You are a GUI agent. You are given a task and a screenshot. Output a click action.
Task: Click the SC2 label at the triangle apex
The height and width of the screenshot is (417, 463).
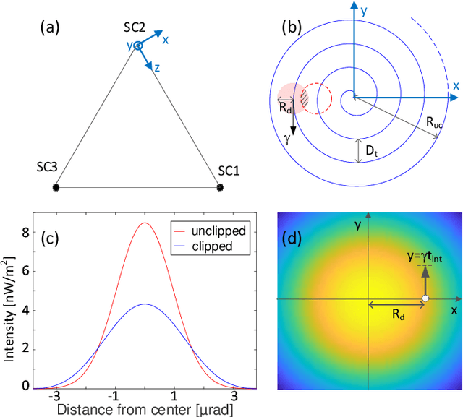135,27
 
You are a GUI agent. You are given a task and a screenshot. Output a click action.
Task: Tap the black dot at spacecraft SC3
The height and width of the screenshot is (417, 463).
56,188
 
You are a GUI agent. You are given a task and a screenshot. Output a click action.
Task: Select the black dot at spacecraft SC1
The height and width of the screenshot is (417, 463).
220,188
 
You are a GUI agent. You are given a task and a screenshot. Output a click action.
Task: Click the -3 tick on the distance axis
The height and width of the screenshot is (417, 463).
54,397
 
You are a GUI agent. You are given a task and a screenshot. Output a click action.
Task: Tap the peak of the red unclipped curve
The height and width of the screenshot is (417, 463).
145,223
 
